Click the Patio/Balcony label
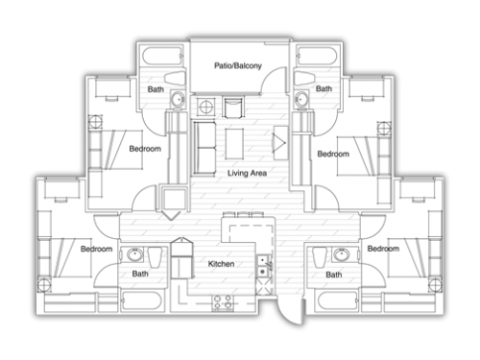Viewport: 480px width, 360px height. click(238, 66)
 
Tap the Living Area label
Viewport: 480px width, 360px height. click(247, 173)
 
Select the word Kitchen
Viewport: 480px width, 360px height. click(221, 264)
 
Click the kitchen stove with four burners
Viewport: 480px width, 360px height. click(223, 302)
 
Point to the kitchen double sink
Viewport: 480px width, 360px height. click(264, 266)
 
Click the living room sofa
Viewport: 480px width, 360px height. click(204, 148)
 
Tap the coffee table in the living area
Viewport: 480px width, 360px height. click(234, 144)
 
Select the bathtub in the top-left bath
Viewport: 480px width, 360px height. click(163, 56)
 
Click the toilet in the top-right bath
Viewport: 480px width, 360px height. click(304, 78)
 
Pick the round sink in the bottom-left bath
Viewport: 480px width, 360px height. click(134, 255)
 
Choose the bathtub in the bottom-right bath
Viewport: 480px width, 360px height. click(337, 300)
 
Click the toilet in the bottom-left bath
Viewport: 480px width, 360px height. click(156, 256)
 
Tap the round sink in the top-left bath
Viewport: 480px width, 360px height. click(178, 99)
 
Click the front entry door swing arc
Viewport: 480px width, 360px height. click(285, 315)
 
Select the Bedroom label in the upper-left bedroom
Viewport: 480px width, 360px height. click(145, 149)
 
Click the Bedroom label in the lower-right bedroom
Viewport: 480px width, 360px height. click(383, 249)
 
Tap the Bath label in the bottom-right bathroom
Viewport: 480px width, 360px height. click(334, 275)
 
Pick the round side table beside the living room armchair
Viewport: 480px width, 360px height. click(205, 107)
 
